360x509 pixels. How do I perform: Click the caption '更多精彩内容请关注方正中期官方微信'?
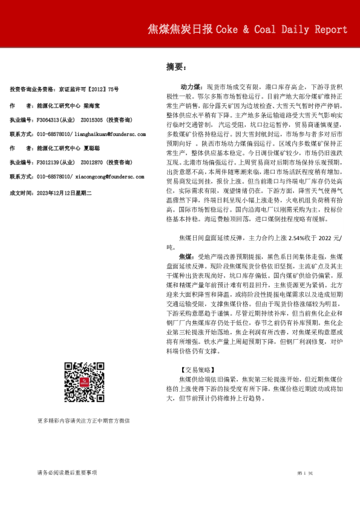pyautogui.click(x=83, y=420)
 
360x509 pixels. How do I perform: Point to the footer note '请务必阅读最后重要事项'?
pyautogui.click(x=67, y=472)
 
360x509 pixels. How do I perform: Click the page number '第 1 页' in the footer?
pyautogui.click(x=304, y=472)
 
